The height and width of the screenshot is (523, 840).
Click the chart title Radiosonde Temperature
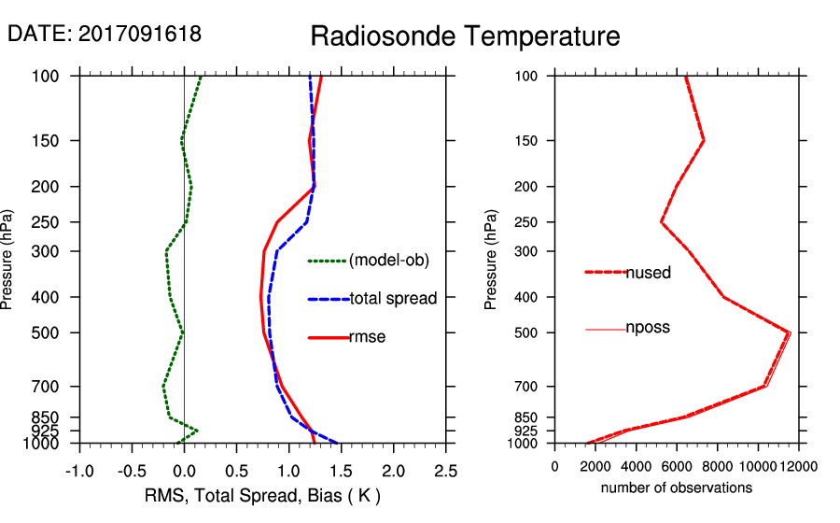pos(465,36)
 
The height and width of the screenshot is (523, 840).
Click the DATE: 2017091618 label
pos(105,34)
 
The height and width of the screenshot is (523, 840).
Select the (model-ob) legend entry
pos(388,261)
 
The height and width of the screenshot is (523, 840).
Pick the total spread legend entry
pos(393,300)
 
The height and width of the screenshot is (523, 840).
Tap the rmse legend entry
pos(367,337)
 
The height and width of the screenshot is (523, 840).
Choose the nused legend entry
pos(648,273)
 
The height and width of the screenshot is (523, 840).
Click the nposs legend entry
pos(648,328)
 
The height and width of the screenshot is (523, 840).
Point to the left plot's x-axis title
pos(262,495)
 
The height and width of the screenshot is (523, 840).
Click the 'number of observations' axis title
pos(677,488)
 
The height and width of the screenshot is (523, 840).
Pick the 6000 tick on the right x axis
pos(677,466)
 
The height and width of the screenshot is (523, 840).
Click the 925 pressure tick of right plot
pos(526,431)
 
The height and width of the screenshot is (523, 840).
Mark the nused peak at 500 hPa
pos(789,332)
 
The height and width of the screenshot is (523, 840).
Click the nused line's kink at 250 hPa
pos(661,222)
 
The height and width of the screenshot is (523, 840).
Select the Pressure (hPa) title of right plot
pos(491,260)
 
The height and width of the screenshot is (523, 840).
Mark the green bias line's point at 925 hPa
pos(197,431)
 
